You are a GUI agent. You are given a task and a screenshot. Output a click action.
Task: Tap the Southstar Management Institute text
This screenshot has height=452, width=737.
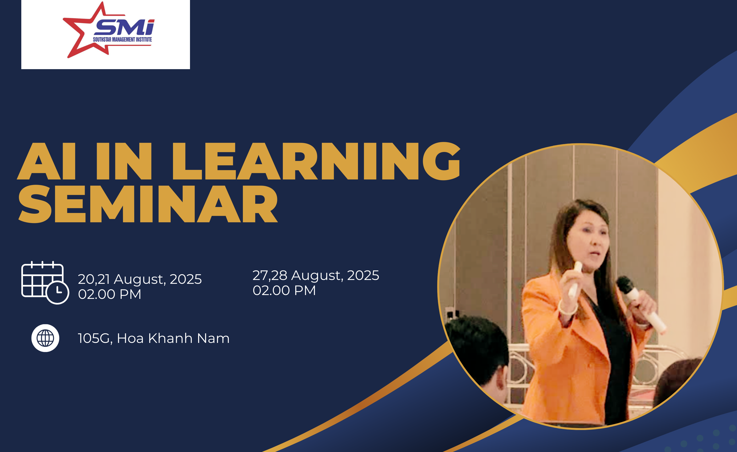pos(122,39)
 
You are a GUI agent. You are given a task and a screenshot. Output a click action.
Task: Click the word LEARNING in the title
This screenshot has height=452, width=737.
pos(316,162)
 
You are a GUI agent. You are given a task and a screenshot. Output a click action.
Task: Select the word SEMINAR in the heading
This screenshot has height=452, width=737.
pos(148,204)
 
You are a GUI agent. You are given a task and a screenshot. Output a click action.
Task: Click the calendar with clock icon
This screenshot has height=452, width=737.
pos(45,282)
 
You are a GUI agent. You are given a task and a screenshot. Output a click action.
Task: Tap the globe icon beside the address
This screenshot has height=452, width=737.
pos(45,338)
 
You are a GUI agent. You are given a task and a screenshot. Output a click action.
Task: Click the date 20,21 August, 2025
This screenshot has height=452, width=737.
pos(140,279)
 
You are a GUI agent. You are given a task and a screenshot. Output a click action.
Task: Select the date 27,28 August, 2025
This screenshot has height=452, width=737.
pos(316,275)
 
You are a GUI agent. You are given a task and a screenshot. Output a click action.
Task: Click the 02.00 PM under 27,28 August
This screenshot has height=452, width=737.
pos(284,290)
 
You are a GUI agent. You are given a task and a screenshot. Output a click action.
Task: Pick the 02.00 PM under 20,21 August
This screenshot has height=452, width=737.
pos(110,294)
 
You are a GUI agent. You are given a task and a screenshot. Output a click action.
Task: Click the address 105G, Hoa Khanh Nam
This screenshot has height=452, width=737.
pos(153,338)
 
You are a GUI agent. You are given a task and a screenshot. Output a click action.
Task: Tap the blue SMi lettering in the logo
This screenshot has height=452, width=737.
pos(124,28)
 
